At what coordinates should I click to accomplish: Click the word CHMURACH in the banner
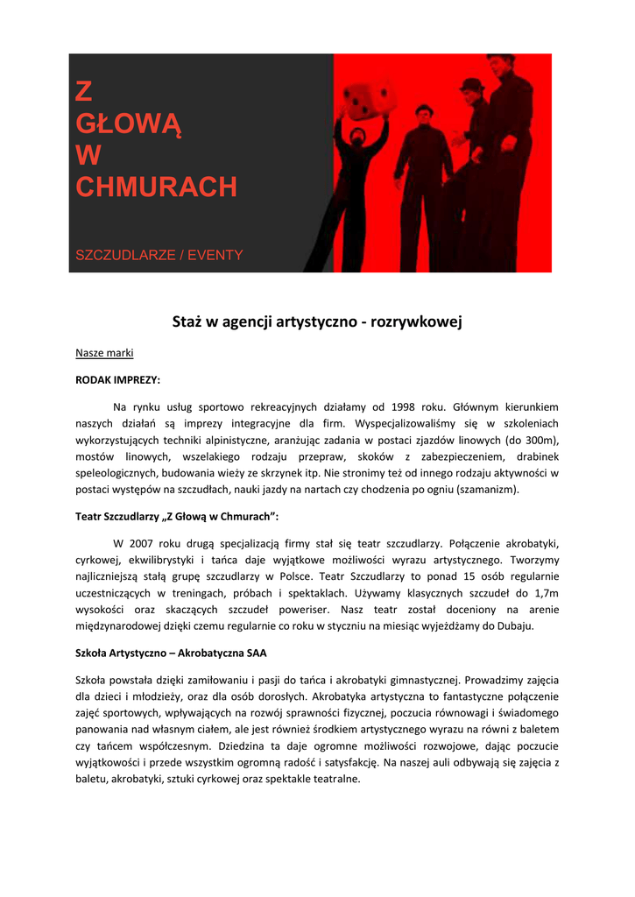point(156,187)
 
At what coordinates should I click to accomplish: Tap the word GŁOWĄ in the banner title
point(129,124)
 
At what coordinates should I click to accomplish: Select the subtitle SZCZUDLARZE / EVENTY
point(159,255)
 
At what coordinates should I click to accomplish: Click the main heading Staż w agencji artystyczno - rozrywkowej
point(317,322)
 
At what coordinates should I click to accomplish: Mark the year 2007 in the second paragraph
point(142,544)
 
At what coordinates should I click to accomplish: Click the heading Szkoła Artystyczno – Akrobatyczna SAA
point(172,653)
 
